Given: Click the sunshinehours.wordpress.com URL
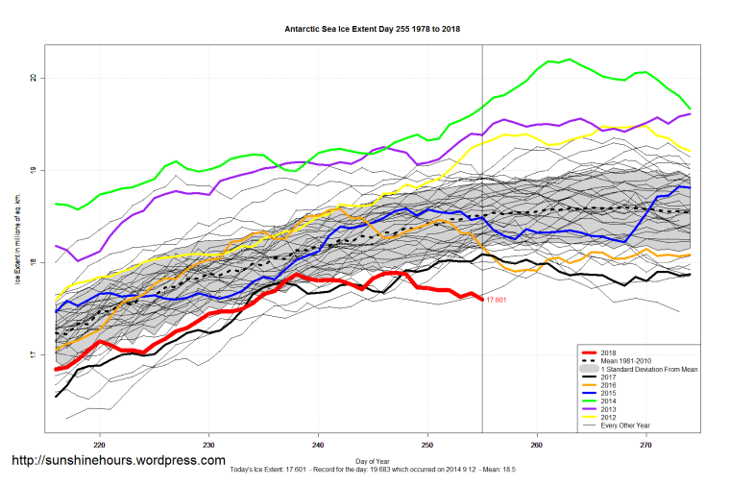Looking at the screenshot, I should point(118,461).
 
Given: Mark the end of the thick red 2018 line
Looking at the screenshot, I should point(482,300).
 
